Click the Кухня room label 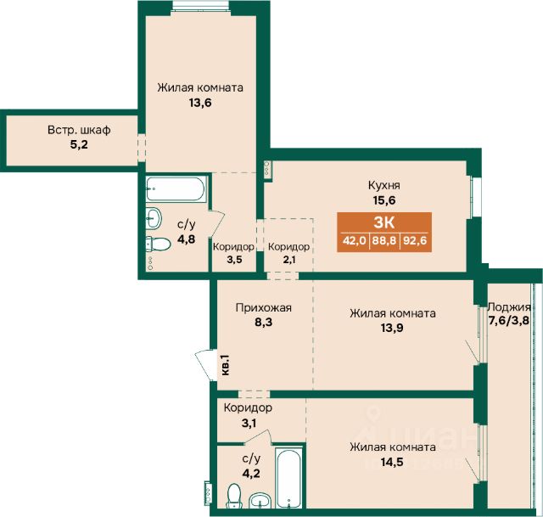coord(384,186)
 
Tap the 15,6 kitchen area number coord(384,200)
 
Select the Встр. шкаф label coord(79,130)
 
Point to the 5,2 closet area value coord(79,144)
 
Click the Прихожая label coord(264,307)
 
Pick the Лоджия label coord(509,307)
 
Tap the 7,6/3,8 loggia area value coord(509,321)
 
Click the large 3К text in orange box coord(384,222)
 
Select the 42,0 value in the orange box coord(355,240)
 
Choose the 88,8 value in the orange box coord(384,240)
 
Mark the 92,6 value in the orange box coord(415,240)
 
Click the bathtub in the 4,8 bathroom coord(176,189)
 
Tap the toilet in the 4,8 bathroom coord(158,244)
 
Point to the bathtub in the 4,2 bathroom coord(288,478)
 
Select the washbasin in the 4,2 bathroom coord(259,500)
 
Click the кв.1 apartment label coord(225,365)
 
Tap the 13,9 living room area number coord(392,328)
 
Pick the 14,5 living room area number coord(392,462)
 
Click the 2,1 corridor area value coord(289,260)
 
